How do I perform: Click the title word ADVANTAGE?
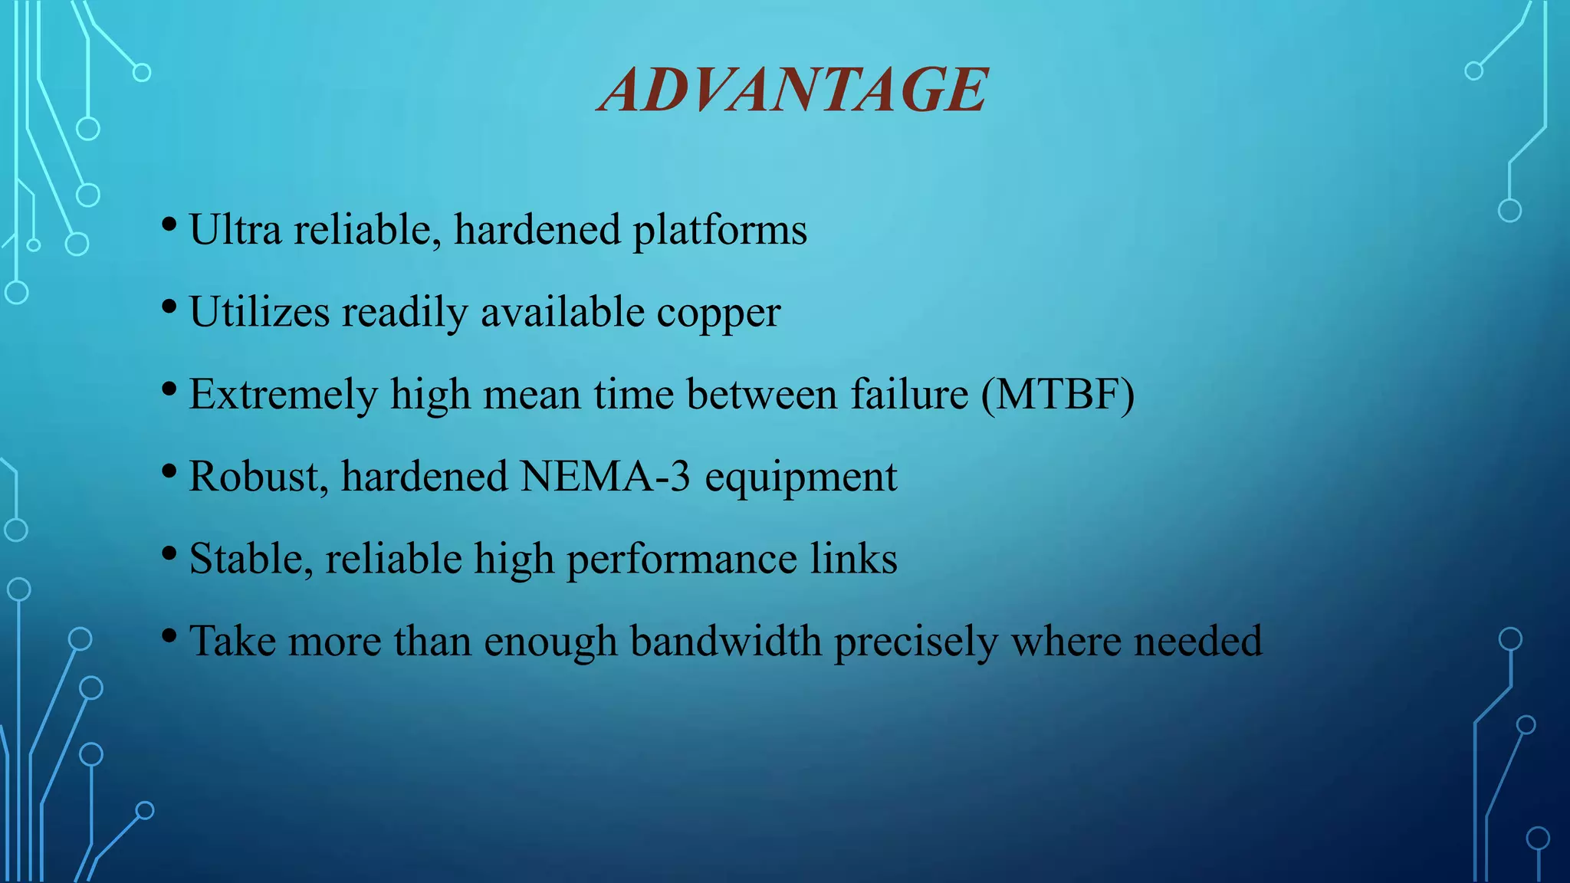[793, 90]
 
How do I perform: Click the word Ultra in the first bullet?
[235, 230]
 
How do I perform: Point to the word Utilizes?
[259, 313]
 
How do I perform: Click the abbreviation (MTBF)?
[1058, 395]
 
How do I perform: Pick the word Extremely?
[283, 396]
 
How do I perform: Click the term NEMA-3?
[606, 476]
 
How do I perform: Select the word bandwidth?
[725, 641]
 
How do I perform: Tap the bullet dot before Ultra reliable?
[169, 225]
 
